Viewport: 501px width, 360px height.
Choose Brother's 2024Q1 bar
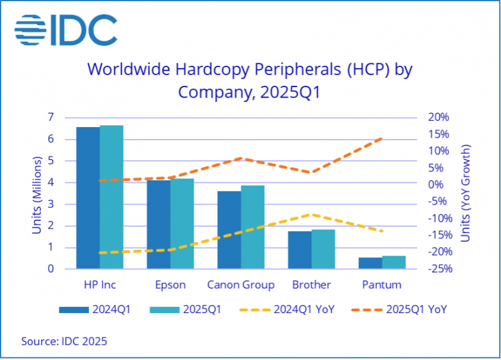click(x=300, y=250)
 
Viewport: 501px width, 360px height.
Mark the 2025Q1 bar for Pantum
click(x=394, y=262)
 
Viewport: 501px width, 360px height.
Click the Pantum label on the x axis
click(x=382, y=285)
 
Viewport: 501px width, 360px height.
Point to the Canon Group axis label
click(x=241, y=285)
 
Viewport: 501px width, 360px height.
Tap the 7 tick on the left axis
click(x=50, y=117)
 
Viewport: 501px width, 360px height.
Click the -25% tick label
click(x=438, y=269)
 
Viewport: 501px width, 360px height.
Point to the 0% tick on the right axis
click(x=441, y=185)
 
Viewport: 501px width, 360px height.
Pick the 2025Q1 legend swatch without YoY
click(x=162, y=309)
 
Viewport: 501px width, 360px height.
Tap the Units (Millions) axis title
click(x=37, y=194)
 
